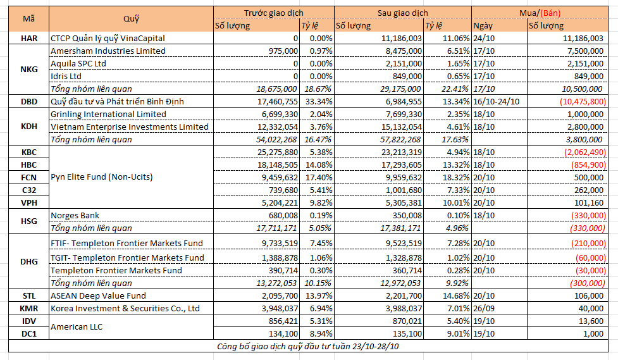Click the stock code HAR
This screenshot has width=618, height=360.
tap(28, 38)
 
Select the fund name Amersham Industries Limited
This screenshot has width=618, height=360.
tap(108, 51)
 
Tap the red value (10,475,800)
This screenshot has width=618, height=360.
tap(583, 101)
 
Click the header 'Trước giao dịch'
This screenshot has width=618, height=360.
tap(273, 13)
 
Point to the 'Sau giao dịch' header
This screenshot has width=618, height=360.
tap(402, 13)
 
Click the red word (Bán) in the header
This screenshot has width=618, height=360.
tap(550, 13)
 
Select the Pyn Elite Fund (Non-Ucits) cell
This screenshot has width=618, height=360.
tap(102, 177)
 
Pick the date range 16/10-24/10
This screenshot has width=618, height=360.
tap(496, 101)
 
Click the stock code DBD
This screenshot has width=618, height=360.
tap(28, 101)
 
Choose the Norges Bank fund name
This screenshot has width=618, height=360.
tap(75, 215)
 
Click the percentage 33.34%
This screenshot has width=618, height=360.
tap(319, 101)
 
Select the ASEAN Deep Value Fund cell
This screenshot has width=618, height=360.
tap(98, 295)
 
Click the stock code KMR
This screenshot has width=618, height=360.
tap(28, 308)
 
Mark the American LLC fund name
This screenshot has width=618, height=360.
tap(77, 327)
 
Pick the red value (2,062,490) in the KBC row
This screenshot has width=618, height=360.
tap(585, 152)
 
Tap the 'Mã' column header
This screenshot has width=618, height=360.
tap(28, 18)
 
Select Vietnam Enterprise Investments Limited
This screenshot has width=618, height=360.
tap(129, 127)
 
